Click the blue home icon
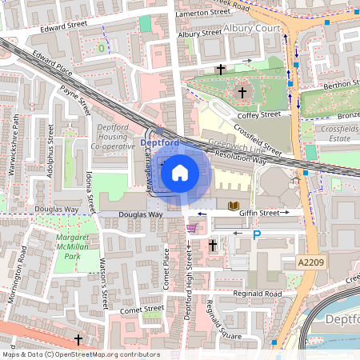(180, 172)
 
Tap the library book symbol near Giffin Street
(234, 206)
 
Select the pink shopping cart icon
(191, 229)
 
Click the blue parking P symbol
(257, 235)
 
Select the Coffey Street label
(258, 114)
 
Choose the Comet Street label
(119, 308)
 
